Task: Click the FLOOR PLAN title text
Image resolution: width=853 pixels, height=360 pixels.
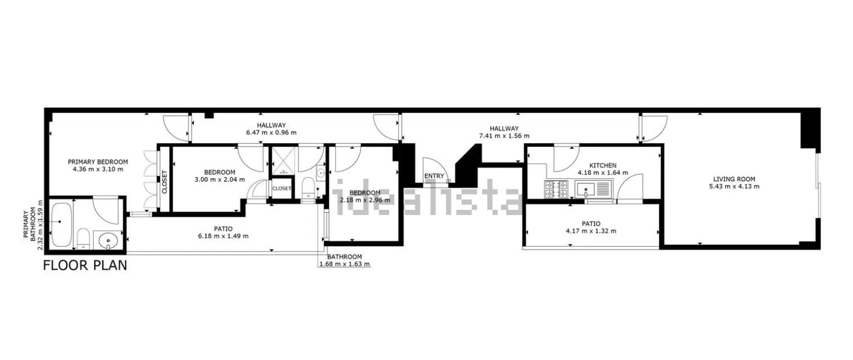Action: click(x=85, y=266)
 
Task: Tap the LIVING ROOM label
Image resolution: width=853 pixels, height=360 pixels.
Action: click(x=734, y=179)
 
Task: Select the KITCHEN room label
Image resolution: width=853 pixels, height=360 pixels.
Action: click(x=603, y=166)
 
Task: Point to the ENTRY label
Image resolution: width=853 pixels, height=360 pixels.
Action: click(x=434, y=176)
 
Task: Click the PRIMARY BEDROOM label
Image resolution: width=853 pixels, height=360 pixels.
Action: click(x=98, y=162)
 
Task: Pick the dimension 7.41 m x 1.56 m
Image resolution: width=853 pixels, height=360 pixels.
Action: click(x=504, y=136)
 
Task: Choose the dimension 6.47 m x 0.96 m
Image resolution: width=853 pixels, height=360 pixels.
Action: click(x=271, y=133)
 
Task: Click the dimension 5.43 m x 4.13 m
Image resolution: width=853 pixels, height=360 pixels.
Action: click(x=734, y=187)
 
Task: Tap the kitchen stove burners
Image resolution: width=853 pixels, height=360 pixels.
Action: click(x=556, y=190)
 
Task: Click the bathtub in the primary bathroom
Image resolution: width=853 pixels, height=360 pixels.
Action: click(x=61, y=225)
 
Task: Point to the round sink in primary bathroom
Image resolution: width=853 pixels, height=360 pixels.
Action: click(x=108, y=241)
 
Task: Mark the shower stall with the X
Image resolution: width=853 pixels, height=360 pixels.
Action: click(x=283, y=161)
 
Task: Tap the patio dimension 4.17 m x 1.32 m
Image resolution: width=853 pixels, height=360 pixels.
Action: click(x=591, y=231)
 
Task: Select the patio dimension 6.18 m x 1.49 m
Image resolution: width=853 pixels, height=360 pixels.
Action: click(x=223, y=236)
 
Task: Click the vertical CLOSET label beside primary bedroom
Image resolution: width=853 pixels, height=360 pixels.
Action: click(x=165, y=182)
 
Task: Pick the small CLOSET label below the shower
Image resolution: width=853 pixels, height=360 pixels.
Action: click(x=282, y=188)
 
